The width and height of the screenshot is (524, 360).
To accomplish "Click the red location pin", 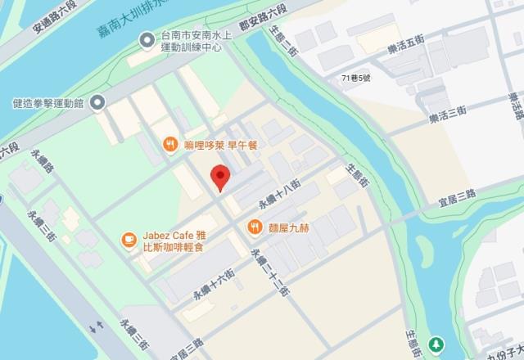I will tap(219, 177).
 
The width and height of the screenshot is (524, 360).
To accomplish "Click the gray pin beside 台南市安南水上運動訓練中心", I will tap(146, 38).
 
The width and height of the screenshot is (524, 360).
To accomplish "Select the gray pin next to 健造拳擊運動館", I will tap(97, 102).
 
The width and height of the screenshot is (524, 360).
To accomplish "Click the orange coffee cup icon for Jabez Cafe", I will tap(129, 238).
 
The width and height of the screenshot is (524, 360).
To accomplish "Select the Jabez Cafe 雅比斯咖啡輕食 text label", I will tap(171, 238).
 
